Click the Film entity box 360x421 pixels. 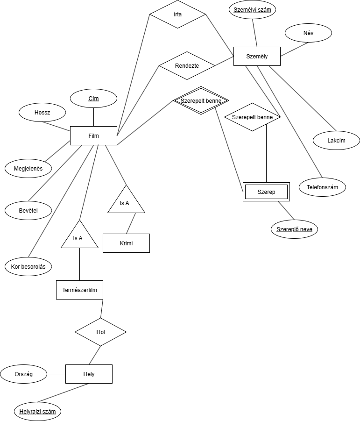coord(93,136)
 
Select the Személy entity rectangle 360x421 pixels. coord(256,57)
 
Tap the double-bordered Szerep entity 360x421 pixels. coord(266,192)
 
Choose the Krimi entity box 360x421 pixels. coord(126,243)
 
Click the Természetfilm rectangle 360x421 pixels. coord(79,290)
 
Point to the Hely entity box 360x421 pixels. coord(89,374)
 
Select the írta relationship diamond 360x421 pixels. coord(177,14)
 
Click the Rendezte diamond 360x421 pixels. coord(187,65)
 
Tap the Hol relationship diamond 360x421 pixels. coord(100,332)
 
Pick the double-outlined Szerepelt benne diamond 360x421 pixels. coord(200,100)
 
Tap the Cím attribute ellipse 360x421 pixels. coord(93,98)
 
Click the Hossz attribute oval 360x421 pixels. coord(42,112)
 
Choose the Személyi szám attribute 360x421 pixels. coord(252,9)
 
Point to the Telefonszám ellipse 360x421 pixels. coord(322,187)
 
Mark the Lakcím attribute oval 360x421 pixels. coord(336,140)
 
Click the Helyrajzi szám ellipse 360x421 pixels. coord(38,412)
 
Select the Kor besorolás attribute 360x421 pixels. coord(28,266)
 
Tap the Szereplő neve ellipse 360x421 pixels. coord(294,229)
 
